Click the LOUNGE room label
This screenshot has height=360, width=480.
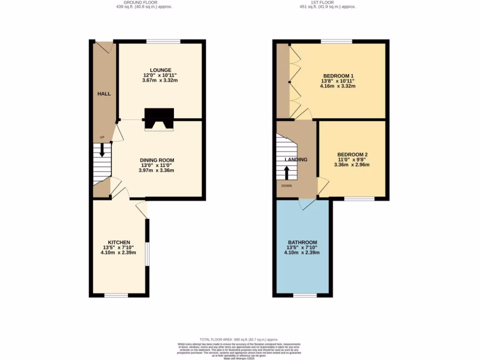[161, 70]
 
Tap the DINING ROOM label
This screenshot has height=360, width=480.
[156, 160]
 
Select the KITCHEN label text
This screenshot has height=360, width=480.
[119, 242]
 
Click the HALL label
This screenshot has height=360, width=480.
[104, 94]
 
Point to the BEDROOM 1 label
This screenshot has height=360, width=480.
[338, 75]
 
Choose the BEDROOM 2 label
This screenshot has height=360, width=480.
[352, 155]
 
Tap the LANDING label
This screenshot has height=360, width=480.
[296, 159]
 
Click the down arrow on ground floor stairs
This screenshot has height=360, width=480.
[102, 151]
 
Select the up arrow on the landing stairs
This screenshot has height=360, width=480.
[287, 172]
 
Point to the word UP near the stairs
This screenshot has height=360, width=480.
[102, 137]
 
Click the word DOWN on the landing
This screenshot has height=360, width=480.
[287, 186]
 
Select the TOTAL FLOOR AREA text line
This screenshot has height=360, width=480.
[239, 339]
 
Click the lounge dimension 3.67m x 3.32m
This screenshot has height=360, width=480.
[161, 80]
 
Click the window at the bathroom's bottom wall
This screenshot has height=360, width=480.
[305, 295]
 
